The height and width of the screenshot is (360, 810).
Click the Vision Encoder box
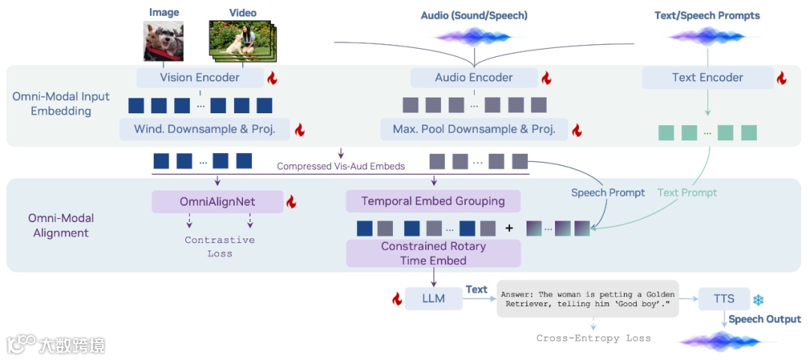coord(200,77)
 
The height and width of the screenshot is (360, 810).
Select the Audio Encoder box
coord(474,77)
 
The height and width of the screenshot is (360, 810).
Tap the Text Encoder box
coord(708,77)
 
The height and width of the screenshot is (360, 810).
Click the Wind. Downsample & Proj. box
coord(205,129)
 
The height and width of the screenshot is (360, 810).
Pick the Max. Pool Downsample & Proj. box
coord(474,129)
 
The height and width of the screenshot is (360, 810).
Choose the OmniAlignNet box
coord(217,202)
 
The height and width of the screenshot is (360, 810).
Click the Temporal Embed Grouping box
coord(433,201)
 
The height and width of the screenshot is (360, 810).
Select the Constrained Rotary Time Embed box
coord(433,253)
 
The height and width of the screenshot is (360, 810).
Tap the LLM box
coord(433,298)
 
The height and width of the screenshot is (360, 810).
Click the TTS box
coord(724,298)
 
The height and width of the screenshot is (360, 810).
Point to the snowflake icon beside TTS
coord(758,300)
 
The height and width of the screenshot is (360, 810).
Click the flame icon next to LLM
coord(397,298)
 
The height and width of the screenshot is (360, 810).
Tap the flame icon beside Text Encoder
coord(781,79)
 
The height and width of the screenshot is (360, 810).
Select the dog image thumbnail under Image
coord(163,40)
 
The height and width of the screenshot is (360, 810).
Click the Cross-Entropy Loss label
coord(593,338)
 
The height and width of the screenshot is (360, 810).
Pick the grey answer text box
coord(588,299)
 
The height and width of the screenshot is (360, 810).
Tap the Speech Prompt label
coord(608,193)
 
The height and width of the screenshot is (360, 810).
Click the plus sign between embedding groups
coord(508,228)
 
